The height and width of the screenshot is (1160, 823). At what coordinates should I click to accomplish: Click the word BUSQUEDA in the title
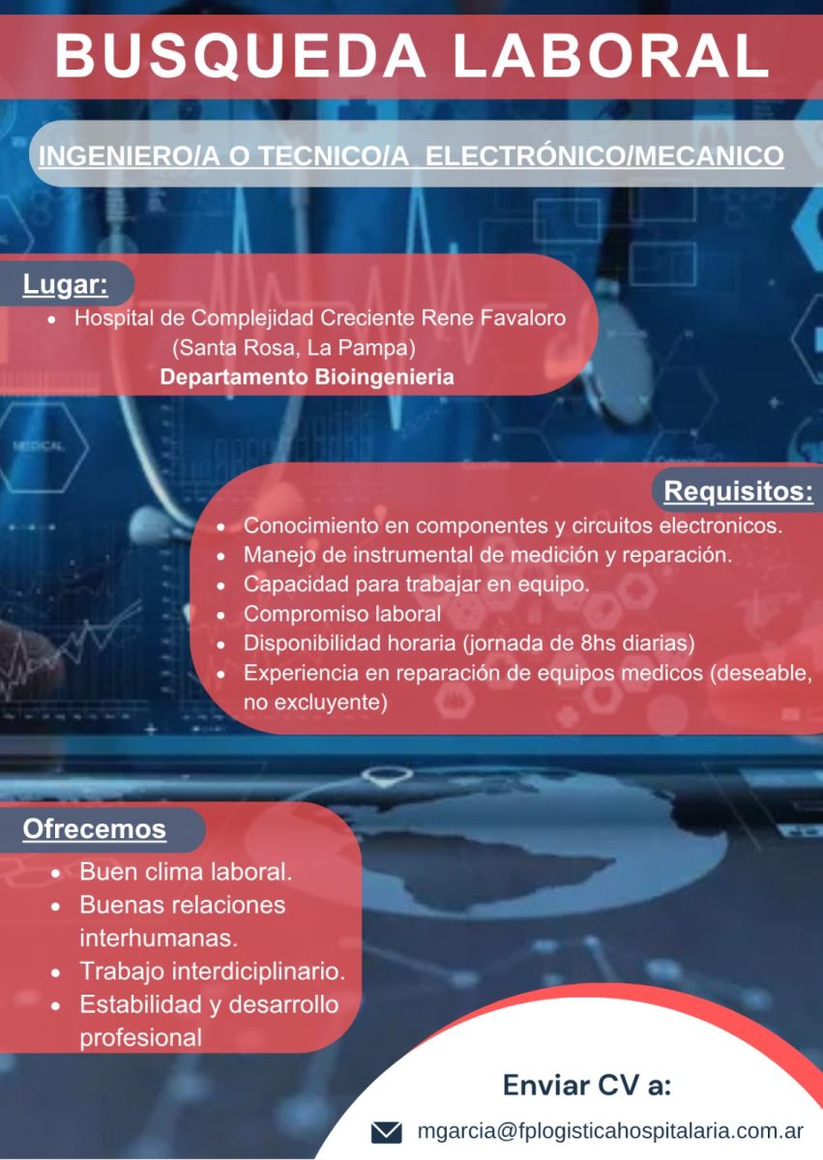(240, 56)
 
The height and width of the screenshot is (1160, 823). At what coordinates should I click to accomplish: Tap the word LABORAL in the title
(611, 55)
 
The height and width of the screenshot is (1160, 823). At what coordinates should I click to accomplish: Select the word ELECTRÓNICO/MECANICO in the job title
(604, 156)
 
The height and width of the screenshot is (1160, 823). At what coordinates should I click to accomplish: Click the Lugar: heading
(65, 285)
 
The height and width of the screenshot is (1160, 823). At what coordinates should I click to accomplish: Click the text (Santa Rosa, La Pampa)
(294, 348)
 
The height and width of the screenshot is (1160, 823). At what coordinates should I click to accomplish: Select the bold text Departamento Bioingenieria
(308, 377)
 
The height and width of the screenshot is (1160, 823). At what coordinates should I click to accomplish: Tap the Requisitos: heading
(739, 491)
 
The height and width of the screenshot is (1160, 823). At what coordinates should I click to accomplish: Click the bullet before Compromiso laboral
(221, 616)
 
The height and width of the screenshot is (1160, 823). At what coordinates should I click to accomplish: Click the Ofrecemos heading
(94, 829)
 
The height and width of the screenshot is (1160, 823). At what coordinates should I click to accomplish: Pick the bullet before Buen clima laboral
(56, 875)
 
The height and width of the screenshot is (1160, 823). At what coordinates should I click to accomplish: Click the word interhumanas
(159, 938)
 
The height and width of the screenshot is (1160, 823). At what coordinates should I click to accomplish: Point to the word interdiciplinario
(258, 971)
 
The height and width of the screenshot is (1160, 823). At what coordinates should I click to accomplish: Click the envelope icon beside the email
(387, 1133)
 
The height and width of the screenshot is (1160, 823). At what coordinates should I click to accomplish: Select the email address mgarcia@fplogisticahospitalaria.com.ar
(610, 1130)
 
